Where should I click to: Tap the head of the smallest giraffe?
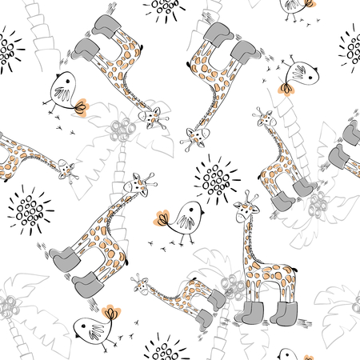pos(140,282)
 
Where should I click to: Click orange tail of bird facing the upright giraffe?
pos(164,217)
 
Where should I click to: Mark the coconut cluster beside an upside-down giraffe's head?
pos(124,128)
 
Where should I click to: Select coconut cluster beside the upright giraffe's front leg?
pos(233,285)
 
